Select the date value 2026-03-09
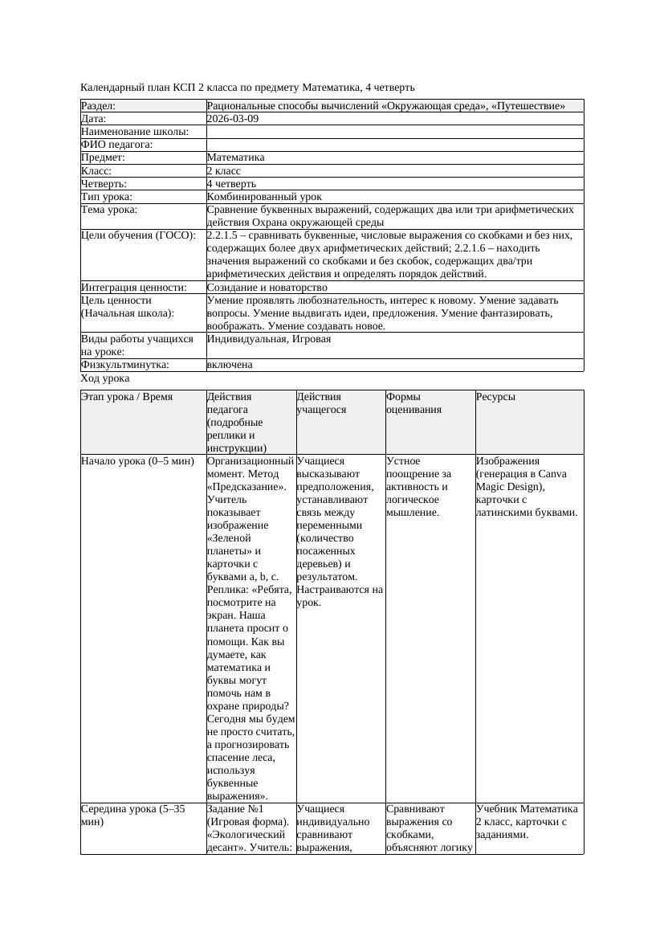(x=233, y=119)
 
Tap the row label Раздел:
(x=99, y=106)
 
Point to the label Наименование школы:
(x=135, y=132)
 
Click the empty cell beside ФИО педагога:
(x=393, y=145)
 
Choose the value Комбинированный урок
(x=264, y=196)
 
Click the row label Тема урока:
(x=109, y=210)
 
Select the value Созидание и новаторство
(x=267, y=287)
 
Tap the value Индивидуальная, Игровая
(x=269, y=339)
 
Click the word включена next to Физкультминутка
(x=230, y=365)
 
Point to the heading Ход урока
(x=105, y=378)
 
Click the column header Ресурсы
(x=495, y=397)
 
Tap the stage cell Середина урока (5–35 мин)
(x=132, y=815)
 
